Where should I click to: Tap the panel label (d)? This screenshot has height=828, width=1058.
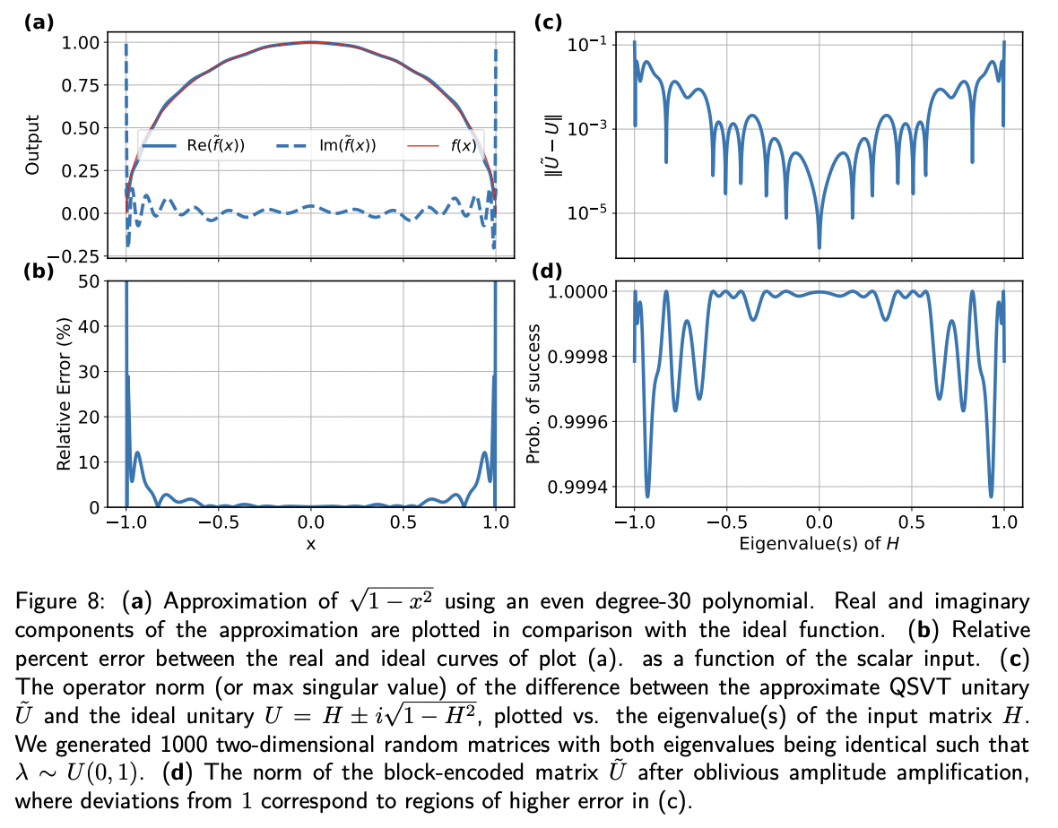click(x=548, y=271)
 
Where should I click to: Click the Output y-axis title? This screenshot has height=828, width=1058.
click(x=33, y=144)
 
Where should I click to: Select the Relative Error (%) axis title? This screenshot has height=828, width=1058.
click(x=64, y=394)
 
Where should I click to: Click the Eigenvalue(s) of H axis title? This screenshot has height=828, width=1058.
click(x=819, y=543)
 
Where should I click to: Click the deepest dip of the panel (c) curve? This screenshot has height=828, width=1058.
click(x=819, y=246)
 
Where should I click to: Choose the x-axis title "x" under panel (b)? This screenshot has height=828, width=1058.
click(x=310, y=543)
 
